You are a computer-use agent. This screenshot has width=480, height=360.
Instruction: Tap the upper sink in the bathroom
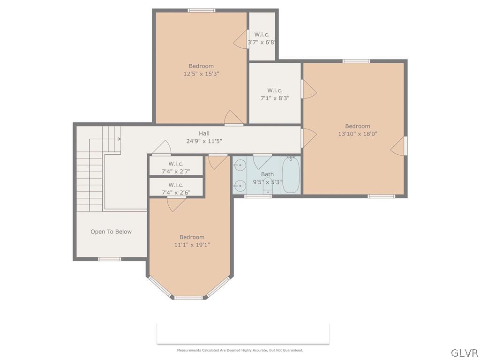click(240, 165)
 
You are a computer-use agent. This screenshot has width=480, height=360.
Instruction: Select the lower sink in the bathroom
click(240, 186)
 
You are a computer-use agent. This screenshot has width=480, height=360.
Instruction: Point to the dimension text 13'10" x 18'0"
click(358, 134)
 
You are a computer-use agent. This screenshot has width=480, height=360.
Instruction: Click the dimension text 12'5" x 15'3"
click(201, 74)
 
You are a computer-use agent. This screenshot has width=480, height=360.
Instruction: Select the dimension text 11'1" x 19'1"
click(192, 245)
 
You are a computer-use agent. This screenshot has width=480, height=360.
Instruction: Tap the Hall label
click(204, 133)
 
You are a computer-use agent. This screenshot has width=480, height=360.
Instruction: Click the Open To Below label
click(111, 232)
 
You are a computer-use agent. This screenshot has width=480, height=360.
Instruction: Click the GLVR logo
click(464, 352)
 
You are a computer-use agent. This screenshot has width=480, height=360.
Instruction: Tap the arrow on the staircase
click(119, 139)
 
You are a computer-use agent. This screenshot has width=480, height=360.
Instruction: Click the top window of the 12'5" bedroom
click(202, 10)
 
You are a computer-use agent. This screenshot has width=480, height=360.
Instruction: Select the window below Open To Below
click(109, 259)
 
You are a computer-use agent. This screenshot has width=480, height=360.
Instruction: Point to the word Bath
click(267, 174)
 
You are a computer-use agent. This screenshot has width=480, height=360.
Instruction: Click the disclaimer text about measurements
click(240, 350)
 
